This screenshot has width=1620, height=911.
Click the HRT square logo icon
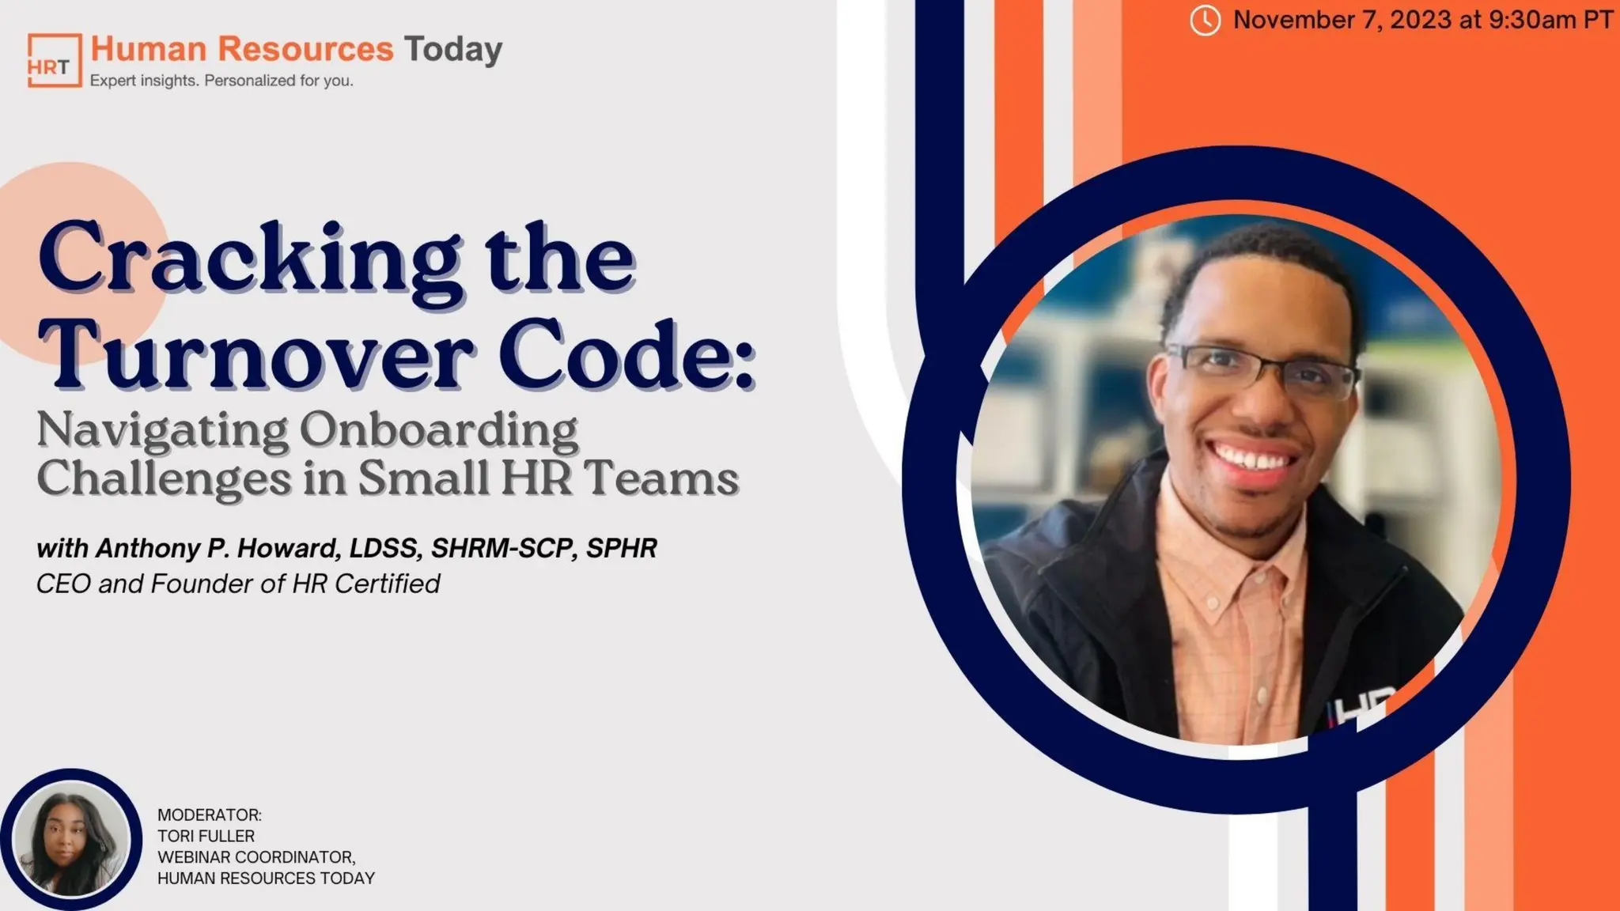[x=54, y=60]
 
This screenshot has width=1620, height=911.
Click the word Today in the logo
[x=453, y=49]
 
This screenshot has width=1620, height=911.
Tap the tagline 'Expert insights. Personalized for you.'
[x=221, y=81]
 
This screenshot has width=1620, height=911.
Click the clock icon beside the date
[x=1205, y=21]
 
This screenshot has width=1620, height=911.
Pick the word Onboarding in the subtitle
[x=438, y=431]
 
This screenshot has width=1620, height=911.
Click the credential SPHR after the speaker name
[x=621, y=548]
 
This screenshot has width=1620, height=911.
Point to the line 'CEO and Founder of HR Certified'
[x=238, y=584]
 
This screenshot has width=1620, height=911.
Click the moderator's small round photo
[x=71, y=840]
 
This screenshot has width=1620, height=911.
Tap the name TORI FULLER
[x=206, y=836]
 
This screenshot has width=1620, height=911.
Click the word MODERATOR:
[x=209, y=815]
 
